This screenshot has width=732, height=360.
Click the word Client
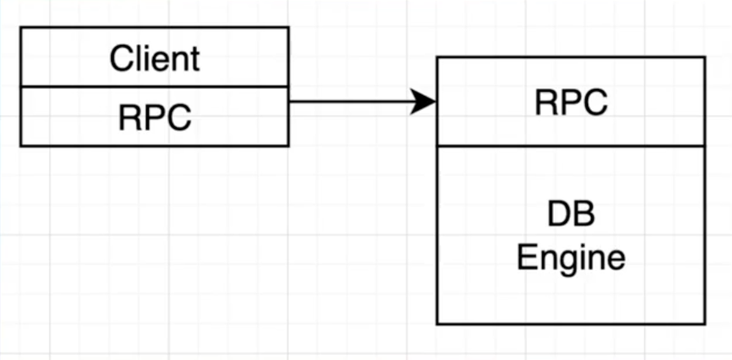point(155,59)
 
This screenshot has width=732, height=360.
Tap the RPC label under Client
point(155,118)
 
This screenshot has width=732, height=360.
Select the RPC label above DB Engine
point(571,102)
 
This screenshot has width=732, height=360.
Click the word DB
point(571,214)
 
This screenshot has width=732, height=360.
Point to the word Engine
point(571,256)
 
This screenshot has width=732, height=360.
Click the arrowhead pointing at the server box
point(424,101)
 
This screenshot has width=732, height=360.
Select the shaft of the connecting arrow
point(349,101)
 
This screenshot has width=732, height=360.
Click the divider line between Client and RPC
point(155,87)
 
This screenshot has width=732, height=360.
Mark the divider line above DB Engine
point(571,146)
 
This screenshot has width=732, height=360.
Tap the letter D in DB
point(558,214)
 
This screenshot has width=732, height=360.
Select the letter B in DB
point(584,214)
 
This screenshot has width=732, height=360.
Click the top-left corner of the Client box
point(21,28)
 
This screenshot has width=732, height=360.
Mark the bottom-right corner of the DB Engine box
point(705,324)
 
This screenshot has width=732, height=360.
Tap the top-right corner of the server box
point(705,57)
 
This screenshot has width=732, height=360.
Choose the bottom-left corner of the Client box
point(21,146)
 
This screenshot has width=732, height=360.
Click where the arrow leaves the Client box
point(289,101)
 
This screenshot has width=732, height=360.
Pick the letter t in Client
point(195,60)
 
